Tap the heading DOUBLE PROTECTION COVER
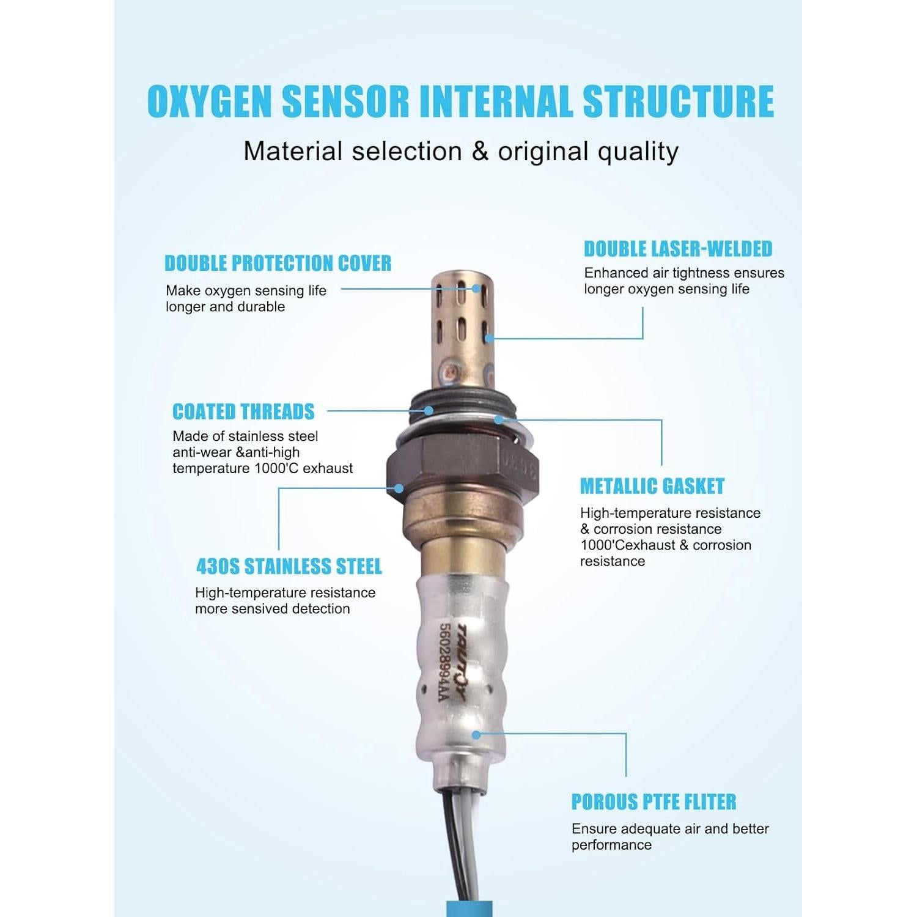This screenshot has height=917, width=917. (x=278, y=263)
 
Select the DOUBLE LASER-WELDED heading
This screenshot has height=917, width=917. (x=678, y=249)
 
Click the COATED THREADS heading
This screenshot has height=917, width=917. (x=243, y=411)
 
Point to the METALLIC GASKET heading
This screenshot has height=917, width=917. (x=652, y=486)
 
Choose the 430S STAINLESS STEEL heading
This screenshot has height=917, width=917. (x=289, y=567)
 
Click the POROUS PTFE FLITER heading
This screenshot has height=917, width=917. (x=654, y=801)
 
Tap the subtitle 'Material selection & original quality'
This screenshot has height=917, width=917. (x=461, y=151)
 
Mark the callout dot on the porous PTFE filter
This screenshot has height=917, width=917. (x=477, y=734)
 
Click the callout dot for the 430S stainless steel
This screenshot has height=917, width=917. (x=399, y=488)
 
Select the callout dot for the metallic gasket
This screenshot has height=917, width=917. (x=499, y=419)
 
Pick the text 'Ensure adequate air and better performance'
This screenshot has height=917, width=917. (x=670, y=836)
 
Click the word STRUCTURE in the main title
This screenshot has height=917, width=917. (x=679, y=101)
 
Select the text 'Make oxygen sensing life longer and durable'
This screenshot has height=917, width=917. (x=246, y=298)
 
